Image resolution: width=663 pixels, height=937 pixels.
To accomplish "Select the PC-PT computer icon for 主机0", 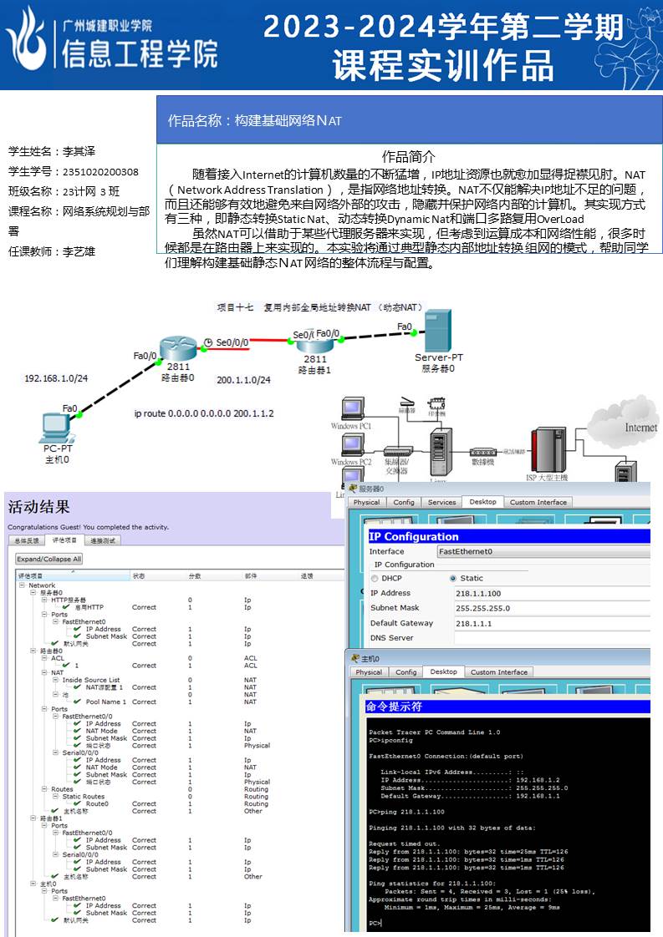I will (57, 428).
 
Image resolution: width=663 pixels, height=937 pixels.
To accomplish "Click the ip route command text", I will (203, 413).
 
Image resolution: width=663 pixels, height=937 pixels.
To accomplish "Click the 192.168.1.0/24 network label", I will (56, 378).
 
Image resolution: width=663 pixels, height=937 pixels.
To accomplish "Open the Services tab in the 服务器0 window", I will (441, 502).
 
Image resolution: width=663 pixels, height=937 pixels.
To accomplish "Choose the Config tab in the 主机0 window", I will (406, 671).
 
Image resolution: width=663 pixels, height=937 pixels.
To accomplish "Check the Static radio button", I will (453, 578).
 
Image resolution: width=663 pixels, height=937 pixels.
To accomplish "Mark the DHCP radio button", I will (374, 578).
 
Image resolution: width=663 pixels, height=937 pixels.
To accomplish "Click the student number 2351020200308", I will (100, 172).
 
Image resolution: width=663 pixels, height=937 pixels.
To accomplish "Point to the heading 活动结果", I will (38, 507).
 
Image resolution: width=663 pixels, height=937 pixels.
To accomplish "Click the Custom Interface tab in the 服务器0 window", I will (538, 502).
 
